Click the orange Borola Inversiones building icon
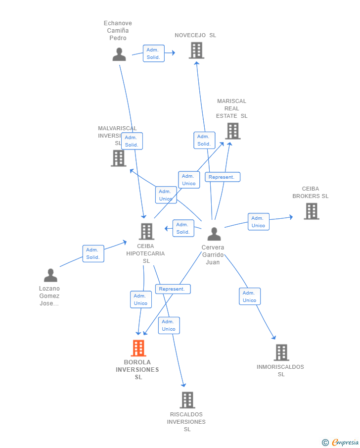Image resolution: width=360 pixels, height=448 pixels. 138,348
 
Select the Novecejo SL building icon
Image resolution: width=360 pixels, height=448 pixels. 196,50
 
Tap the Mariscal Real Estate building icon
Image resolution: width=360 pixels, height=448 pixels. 232,131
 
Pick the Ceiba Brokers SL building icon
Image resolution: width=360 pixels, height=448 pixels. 311,211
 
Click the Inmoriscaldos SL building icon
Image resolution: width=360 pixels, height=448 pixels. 281,352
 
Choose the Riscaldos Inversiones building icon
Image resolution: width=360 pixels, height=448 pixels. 187,400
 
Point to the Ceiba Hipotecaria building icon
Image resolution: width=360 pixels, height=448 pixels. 146,231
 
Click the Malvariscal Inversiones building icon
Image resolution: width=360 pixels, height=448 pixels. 119,158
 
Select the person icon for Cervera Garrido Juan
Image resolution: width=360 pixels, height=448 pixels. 214,234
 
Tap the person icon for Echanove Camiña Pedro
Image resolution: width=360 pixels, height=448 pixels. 119,54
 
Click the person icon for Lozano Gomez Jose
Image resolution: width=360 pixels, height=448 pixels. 50,275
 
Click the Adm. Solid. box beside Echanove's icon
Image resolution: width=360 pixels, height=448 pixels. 153,53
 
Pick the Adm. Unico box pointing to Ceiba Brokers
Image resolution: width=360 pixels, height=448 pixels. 258,222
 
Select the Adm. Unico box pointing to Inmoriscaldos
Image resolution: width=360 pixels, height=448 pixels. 249,297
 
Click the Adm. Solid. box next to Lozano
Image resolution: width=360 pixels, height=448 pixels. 93,253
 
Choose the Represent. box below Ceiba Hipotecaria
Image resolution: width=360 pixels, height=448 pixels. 172,289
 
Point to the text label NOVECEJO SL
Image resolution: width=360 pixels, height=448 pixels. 195,35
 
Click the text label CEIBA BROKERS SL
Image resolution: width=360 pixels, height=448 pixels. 311,192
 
